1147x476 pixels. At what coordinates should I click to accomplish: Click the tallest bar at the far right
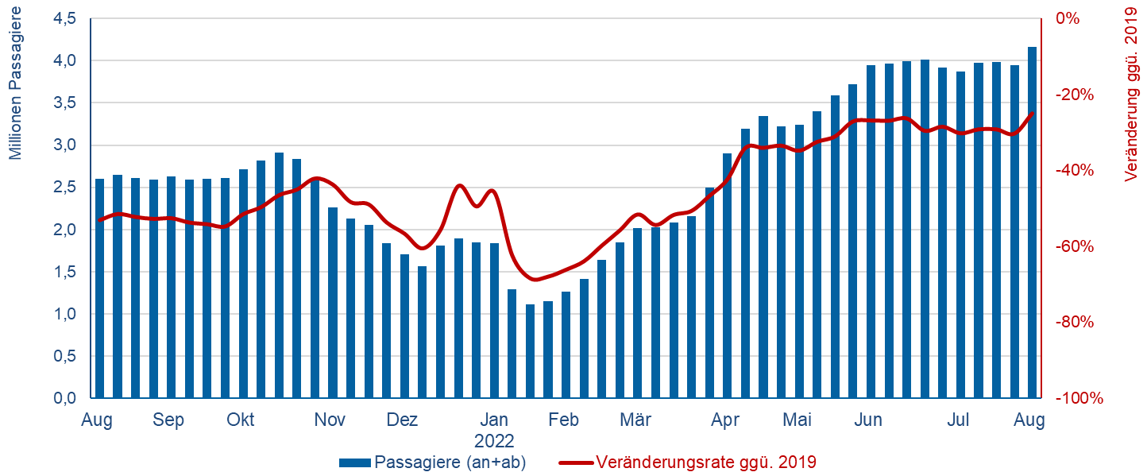1032,223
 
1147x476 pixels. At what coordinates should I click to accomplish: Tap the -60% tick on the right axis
1073,246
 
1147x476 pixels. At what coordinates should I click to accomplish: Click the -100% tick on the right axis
1078,398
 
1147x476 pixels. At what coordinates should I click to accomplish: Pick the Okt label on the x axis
240,420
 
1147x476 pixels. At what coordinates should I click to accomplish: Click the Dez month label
403,420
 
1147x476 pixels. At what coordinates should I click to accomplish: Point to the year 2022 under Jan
494,440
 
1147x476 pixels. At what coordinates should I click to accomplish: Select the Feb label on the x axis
563,420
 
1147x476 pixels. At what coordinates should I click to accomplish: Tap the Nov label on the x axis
330,420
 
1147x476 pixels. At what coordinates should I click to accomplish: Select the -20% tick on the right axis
1073,95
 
